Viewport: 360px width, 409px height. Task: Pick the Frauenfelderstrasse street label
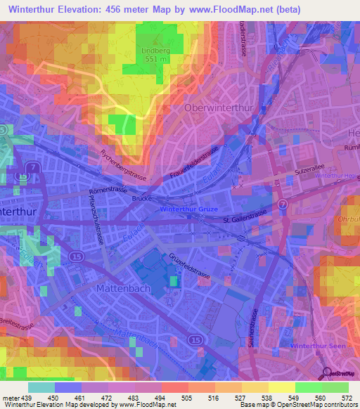point(195,167)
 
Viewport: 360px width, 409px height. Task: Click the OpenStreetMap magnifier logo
point(327,373)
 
